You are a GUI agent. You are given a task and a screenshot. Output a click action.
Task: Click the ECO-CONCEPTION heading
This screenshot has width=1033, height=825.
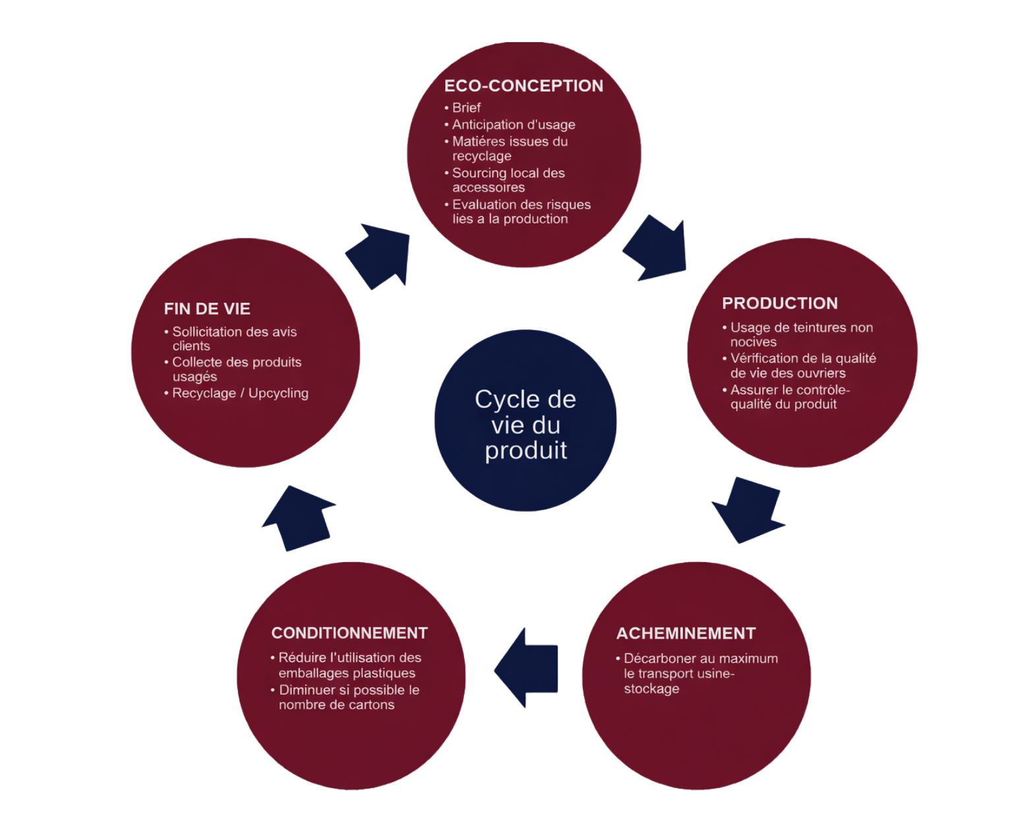point(523,86)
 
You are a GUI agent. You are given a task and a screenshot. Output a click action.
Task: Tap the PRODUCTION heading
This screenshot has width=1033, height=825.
point(780,303)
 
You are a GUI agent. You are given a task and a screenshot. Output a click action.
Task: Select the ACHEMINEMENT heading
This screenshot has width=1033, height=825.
point(686,633)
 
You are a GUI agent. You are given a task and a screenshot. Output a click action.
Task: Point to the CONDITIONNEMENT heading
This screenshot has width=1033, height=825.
point(349,633)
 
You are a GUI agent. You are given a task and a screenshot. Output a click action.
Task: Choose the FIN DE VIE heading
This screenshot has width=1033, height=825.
point(207,309)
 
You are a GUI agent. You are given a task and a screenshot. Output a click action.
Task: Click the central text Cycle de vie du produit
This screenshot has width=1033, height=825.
point(525,424)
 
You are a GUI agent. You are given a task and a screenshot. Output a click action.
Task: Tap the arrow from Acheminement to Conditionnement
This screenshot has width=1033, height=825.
point(527,668)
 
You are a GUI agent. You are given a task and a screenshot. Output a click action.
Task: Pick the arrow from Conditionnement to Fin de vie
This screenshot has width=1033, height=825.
point(301,517)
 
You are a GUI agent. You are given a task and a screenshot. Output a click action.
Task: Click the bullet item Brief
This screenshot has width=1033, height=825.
point(466,107)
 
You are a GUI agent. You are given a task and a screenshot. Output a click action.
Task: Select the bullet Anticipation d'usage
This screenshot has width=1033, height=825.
point(514,125)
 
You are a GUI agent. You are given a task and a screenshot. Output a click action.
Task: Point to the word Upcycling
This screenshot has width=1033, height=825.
point(278,393)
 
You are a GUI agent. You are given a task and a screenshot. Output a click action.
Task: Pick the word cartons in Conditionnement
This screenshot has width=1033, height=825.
point(372,705)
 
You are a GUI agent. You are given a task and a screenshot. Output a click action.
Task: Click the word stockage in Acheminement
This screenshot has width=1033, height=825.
point(651,689)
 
